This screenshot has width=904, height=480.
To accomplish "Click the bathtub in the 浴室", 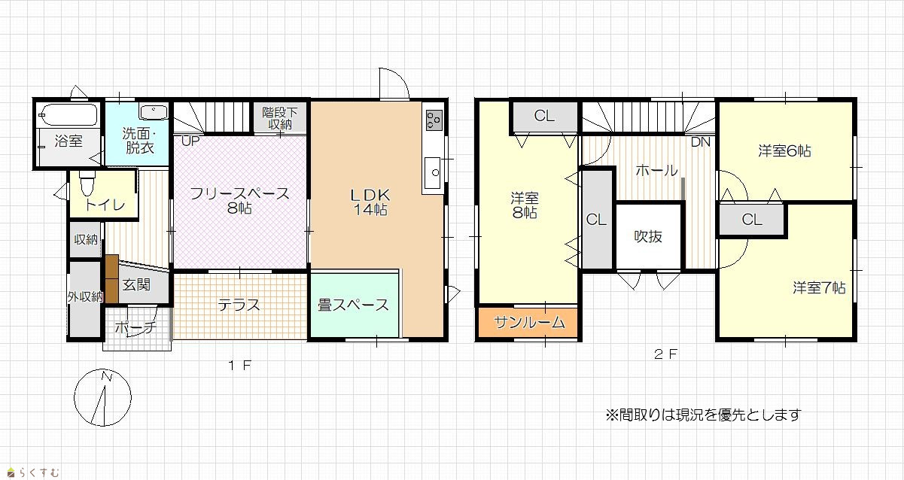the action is pos(69,115).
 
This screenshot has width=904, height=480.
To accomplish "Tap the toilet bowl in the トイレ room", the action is pos(87,184).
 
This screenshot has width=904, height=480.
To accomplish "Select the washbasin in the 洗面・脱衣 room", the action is pos(154,111).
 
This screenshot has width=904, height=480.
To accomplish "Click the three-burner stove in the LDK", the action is pos(434,120).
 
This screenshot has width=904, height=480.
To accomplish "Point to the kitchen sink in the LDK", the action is pos(433,172).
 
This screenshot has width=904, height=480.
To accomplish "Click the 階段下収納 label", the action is pos(280,118).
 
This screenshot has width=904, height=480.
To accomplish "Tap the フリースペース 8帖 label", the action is pos(239,200).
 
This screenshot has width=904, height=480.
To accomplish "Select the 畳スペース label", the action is pos(353,305).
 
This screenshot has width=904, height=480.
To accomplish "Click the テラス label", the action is pos(239,305).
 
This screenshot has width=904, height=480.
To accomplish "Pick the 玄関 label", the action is pos(136,285).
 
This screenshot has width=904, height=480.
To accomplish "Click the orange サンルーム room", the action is pos(528,322).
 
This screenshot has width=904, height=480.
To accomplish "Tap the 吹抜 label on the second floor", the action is pos(648,236).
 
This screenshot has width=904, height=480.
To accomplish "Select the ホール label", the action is pos(656,171).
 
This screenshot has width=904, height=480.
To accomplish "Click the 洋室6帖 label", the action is pos(784,151).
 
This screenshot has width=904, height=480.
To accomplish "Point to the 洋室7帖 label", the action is pos(819,287).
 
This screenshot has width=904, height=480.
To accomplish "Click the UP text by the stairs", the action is pos(190,141).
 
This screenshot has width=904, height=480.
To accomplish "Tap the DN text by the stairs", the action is pos(701,142).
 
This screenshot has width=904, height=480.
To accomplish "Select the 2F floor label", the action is pos(665,354).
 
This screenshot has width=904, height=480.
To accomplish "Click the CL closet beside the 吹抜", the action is pos(596,220).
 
